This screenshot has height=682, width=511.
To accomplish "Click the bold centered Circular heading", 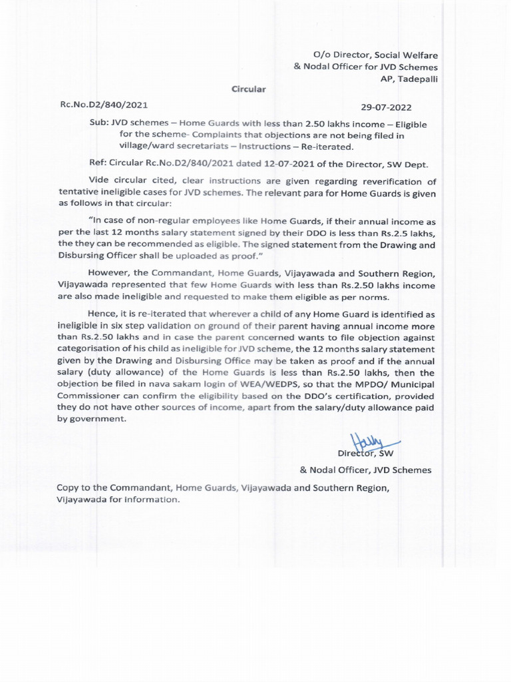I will [x=248, y=89].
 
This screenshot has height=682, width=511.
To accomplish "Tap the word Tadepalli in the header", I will [x=415, y=78].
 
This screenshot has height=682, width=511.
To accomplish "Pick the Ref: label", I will [x=98, y=163].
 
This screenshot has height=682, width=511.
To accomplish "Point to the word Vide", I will [x=98, y=181].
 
